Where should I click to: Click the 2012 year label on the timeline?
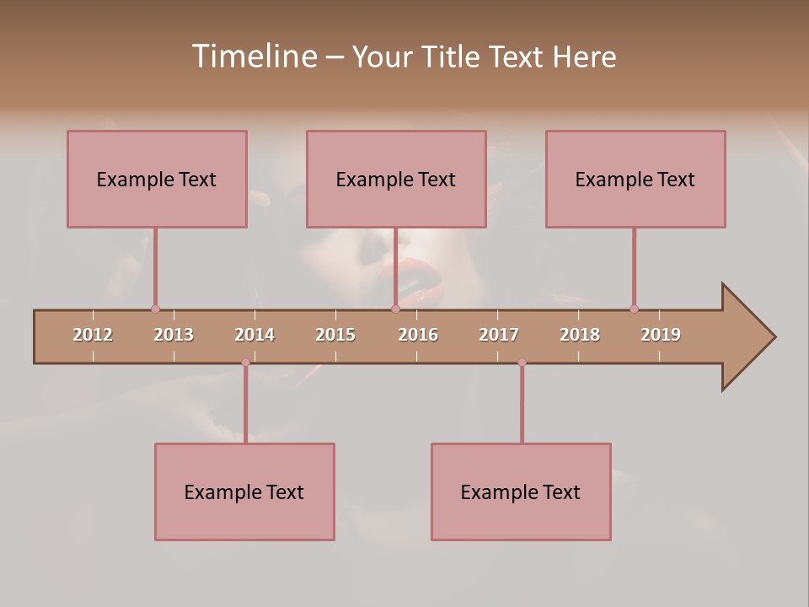(93, 335)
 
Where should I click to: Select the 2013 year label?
(174, 335)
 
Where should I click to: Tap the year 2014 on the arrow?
(254, 335)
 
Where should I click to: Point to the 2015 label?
(335, 335)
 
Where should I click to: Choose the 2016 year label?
(418, 335)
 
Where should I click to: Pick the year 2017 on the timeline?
(499, 335)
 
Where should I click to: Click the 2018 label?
(580, 335)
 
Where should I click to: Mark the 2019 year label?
(661, 335)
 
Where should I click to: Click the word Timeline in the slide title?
(253, 56)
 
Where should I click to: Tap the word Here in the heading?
(584, 56)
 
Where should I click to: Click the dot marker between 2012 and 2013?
(155, 309)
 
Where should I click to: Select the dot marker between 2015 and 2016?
(395, 309)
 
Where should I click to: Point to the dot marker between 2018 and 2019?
(634, 309)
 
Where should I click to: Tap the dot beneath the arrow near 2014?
(245, 363)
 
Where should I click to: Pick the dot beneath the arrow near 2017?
(522, 363)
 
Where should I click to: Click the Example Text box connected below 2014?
(244, 492)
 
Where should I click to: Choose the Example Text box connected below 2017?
(521, 492)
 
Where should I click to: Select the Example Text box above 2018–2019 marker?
(635, 179)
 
